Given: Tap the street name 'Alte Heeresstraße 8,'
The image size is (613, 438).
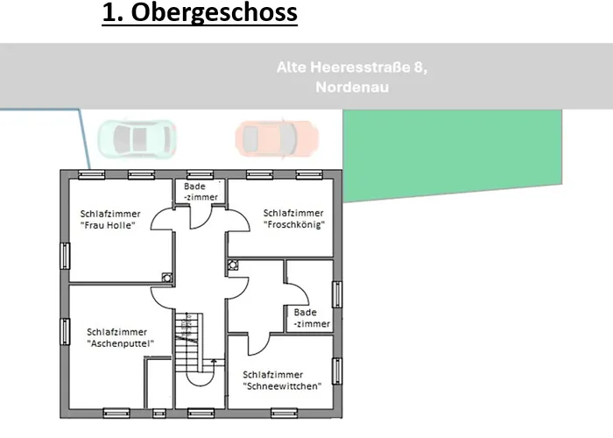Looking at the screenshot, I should click(351, 67).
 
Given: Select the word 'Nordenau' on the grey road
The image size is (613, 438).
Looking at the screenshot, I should click(351, 88).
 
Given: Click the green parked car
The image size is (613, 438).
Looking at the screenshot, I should click(137, 137).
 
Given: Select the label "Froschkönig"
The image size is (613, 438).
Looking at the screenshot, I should click(294, 224).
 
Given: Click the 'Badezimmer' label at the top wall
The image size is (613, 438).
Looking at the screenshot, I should click(201, 192).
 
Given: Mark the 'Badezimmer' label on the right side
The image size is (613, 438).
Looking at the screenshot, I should click(312, 318).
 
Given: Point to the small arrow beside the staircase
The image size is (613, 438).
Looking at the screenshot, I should click(213, 364).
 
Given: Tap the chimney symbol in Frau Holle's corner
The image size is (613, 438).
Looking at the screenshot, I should click(166, 276).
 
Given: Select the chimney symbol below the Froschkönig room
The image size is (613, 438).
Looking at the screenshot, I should click(233, 265).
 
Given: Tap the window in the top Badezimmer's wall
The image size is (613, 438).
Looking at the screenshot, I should click(201, 173).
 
